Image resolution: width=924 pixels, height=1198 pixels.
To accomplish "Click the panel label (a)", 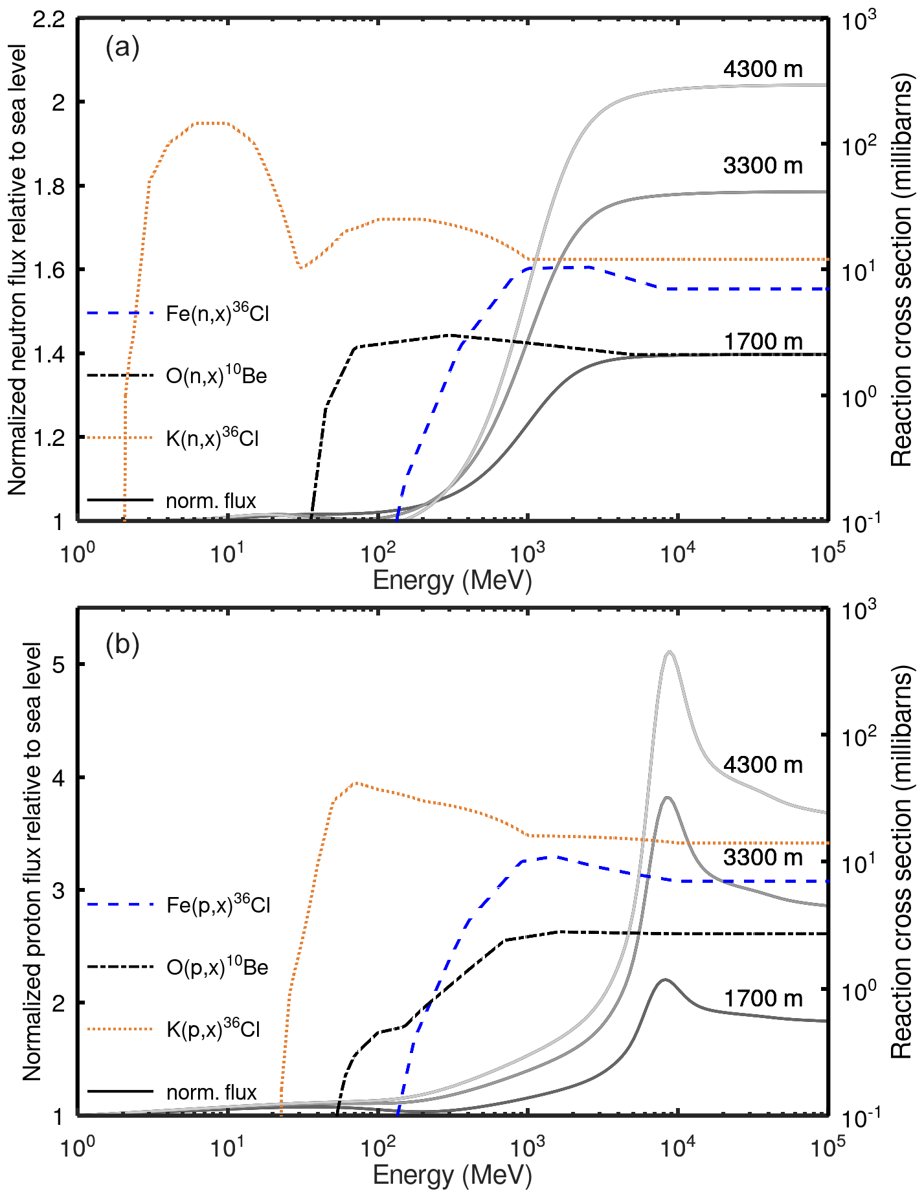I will [122, 48].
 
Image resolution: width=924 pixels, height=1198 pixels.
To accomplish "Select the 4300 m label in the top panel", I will [763, 69].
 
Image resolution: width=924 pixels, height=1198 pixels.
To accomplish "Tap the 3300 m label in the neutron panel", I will [763, 166].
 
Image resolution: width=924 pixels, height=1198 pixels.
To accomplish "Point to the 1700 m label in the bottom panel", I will [763, 998].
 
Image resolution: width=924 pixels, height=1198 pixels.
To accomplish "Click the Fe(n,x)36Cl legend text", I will [217, 313].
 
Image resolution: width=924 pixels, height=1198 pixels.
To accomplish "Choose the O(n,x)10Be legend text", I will [216, 375].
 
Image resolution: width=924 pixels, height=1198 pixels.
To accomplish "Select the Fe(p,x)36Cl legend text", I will [218, 904].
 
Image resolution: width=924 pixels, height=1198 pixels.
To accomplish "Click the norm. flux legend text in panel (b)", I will [212, 1093].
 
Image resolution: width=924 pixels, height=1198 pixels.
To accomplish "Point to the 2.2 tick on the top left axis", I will [49, 19].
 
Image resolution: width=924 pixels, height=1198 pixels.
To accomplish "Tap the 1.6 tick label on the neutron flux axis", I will [49, 270].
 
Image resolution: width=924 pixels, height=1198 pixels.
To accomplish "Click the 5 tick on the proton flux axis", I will [59, 665].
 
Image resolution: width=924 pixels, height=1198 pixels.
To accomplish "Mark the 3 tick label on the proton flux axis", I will [59, 891].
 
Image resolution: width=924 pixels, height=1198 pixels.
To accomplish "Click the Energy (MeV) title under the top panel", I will [452, 580].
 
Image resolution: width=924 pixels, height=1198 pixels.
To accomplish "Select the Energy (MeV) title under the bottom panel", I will [452, 1175].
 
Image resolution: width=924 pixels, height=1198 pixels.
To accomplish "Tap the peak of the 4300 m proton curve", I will [670, 652].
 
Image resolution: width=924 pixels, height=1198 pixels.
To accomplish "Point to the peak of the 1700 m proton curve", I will [664, 980].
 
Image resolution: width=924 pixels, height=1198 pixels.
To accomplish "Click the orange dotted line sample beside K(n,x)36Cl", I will [120, 438].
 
